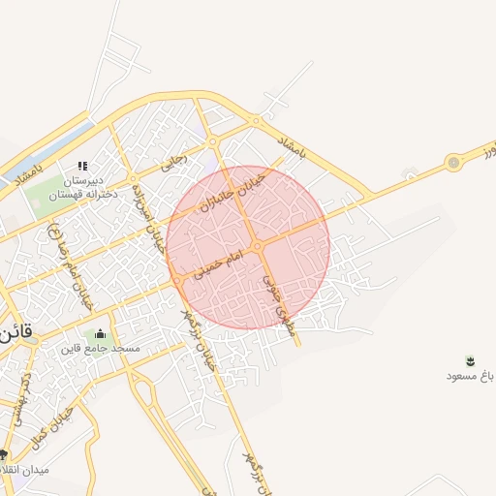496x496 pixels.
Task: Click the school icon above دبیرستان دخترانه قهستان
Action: pos(82,166)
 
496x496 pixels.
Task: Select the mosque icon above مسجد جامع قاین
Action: pos(102,334)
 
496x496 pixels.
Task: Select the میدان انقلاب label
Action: pos(39,470)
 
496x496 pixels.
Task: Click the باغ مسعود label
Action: pos(471,375)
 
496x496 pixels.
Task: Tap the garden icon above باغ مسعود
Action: pos(471,360)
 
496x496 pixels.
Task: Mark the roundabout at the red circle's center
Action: pos(259,248)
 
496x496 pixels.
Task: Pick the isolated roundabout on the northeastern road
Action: pos(453,163)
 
